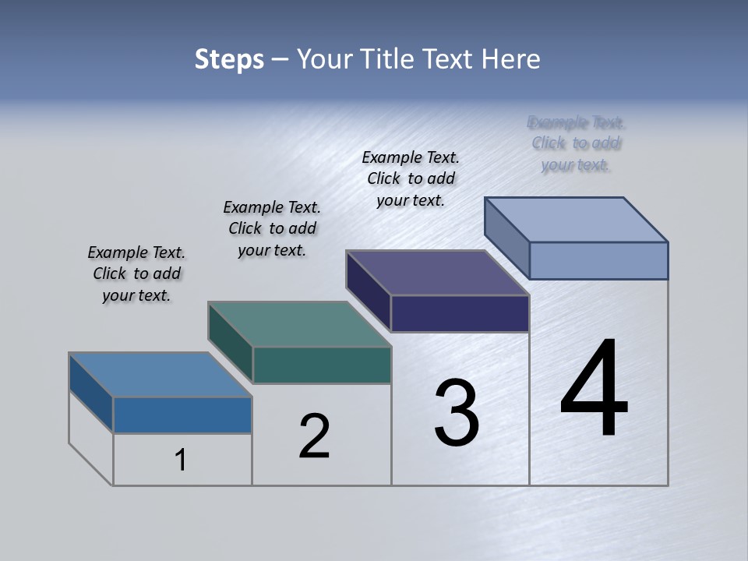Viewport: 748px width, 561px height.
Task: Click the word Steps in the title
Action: click(x=228, y=59)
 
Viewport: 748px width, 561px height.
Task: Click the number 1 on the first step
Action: click(x=181, y=460)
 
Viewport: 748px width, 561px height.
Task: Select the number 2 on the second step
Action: click(x=314, y=436)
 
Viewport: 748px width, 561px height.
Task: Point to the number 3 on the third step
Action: click(x=457, y=413)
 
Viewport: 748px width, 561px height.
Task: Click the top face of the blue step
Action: click(x=160, y=375)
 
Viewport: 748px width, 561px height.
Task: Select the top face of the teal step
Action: click(x=299, y=324)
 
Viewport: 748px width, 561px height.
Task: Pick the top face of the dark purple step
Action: click(x=437, y=273)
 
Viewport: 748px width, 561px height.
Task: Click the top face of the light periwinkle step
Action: click(x=576, y=219)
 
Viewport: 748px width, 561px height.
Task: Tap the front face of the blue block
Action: click(x=182, y=415)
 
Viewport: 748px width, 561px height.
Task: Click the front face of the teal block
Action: click(x=321, y=365)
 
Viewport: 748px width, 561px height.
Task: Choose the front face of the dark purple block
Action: click(x=459, y=313)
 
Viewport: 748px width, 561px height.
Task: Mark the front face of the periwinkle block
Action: click(x=598, y=260)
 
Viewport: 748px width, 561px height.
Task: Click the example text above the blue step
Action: click(x=136, y=273)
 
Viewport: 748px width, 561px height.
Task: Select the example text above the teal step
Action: click(x=272, y=228)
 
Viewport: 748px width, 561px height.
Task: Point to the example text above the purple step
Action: click(x=411, y=178)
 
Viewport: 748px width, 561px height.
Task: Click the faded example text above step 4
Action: click(x=576, y=143)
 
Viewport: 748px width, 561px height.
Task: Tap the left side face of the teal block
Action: click(x=230, y=342)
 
